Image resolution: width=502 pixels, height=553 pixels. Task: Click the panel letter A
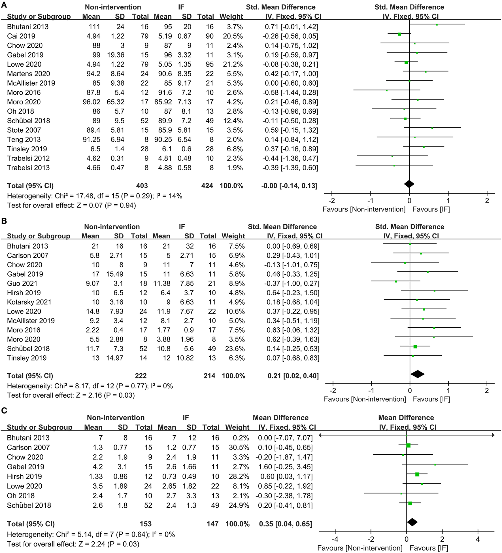click(4, 6)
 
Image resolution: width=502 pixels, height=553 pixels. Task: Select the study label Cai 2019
click(21, 36)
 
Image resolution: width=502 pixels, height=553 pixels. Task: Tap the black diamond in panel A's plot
click(409, 184)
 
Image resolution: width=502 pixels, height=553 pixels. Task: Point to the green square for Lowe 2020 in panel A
click(406, 62)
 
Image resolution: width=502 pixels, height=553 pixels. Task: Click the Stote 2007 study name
click(24, 130)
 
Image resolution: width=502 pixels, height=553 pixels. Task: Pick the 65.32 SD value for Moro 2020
click(116, 102)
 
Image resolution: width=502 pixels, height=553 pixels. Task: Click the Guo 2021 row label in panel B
click(22, 283)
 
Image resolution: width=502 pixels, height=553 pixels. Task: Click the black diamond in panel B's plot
click(418, 374)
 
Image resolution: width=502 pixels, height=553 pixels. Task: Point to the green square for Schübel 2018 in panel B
click(415, 346)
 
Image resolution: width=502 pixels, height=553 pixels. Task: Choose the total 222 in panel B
click(141, 376)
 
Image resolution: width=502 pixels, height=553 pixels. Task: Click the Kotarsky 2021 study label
click(29, 302)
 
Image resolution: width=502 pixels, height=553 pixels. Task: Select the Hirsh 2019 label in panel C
click(24, 476)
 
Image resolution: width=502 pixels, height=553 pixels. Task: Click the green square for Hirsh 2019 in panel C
click(417, 474)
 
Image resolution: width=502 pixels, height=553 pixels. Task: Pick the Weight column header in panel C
click(237, 427)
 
